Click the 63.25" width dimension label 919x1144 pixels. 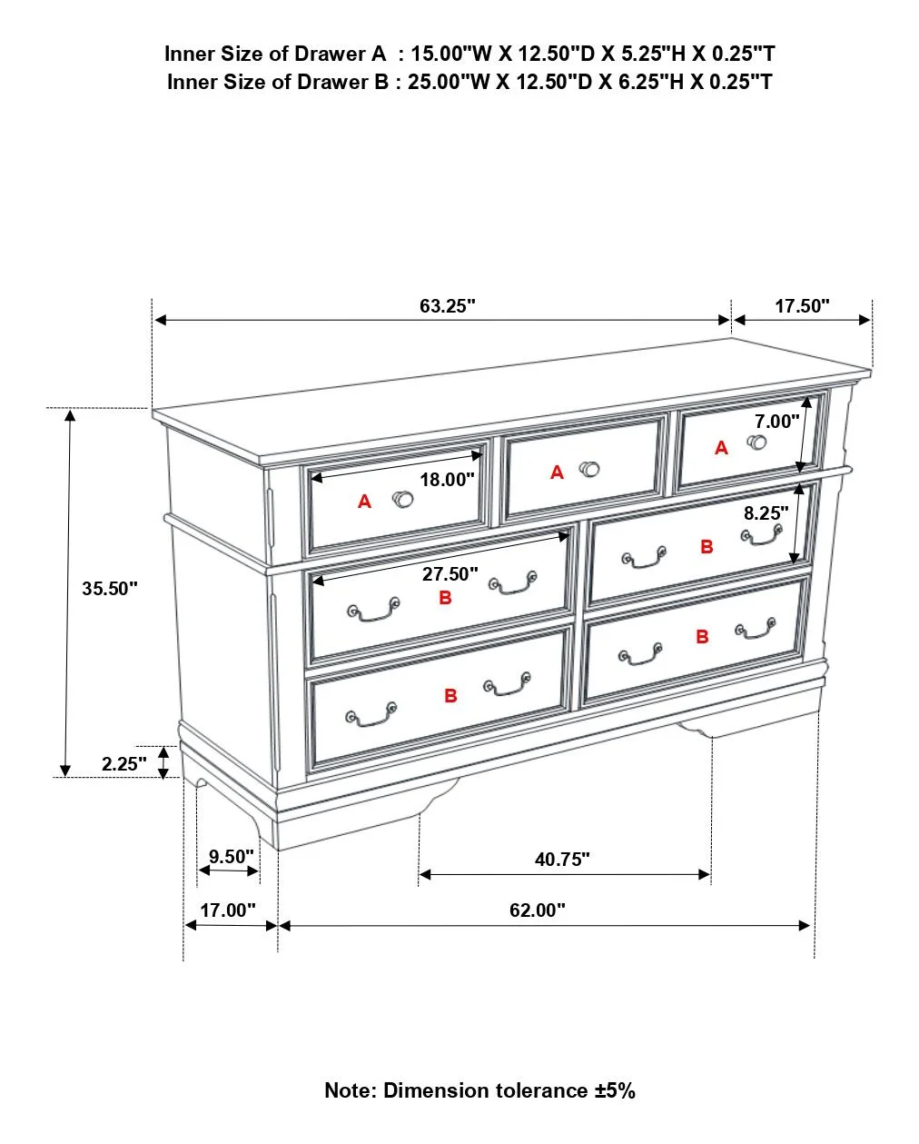pos(447,306)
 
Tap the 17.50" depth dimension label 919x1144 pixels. pos(802,306)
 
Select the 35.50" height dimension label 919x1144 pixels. pos(110,589)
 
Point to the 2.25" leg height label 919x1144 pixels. pos(124,764)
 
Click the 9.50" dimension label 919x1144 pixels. pos(231,856)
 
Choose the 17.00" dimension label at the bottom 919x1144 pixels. pos(227,910)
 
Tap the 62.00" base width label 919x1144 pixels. pos(537,910)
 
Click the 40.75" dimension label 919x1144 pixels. pos(562,859)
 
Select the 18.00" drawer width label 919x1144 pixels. pos(447,480)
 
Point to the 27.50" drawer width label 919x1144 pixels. pos(450,574)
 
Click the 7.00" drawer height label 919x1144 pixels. pos(777,422)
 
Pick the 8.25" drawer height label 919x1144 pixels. pos(766,513)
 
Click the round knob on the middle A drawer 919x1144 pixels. pos(589,469)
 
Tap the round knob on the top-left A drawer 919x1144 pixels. pos(402,499)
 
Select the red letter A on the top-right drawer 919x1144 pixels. pos(721,448)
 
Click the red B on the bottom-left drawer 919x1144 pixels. pos(450,695)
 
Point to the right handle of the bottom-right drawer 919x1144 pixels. pos(756,629)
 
